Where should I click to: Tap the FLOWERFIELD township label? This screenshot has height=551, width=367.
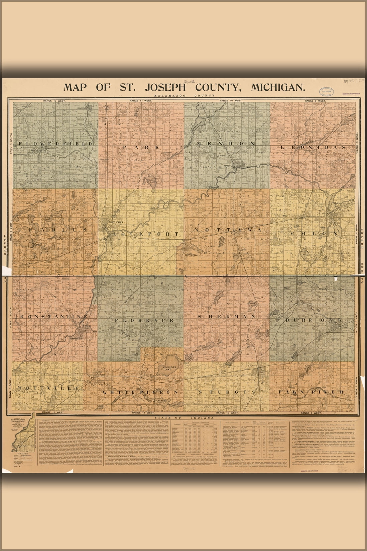tap(56, 144)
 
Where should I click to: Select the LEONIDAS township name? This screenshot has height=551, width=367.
tap(313, 147)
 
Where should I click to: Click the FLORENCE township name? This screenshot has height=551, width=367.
tap(144, 320)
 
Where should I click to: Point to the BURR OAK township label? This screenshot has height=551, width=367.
tap(314, 320)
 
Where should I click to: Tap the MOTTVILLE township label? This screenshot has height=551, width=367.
tap(49, 388)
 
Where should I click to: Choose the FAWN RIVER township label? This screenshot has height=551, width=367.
tap(314, 392)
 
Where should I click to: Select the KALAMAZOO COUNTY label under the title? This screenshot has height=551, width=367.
tap(184, 96)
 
